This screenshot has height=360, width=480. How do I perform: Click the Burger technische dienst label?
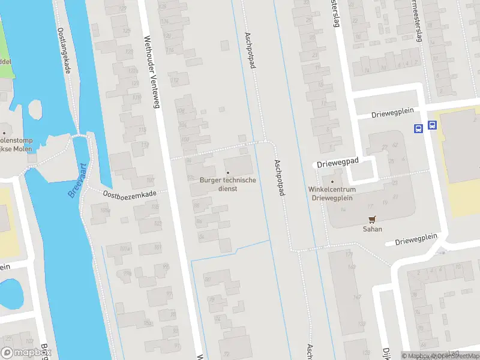pos(227,184)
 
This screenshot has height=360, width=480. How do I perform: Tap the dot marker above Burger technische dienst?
pos(227,173)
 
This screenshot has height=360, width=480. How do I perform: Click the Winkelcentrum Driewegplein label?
pos(332,193)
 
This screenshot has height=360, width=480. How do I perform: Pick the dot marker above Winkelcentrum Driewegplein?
pos(332,181)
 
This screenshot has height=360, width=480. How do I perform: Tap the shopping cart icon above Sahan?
pos(372,219)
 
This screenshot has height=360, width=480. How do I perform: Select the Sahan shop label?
pos(372,229)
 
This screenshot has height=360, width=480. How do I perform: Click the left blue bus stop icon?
pos(418,127)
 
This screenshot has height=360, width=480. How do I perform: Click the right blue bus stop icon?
pos(432,126)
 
